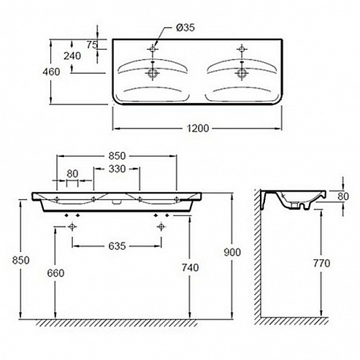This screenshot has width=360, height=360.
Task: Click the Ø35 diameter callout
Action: pyautogui.click(x=185, y=28)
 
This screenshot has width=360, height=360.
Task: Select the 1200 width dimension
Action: pyautogui.click(x=198, y=129)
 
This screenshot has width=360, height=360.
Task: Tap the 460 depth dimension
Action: pyautogui.click(x=51, y=72)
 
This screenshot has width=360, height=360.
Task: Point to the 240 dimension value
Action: pyautogui.click(x=72, y=56)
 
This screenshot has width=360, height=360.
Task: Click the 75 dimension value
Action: pyautogui.click(x=92, y=45)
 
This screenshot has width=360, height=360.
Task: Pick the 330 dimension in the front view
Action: pyautogui.click(x=117, y=169)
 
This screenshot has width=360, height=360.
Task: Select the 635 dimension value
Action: pyautogui.click(x=117, y=246)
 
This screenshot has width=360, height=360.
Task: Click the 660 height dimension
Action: pyautogui.click(x=55, y=273)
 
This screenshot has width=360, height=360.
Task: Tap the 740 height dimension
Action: pyautogui.click(x=191, y=268)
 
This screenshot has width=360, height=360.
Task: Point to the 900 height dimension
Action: pyautogui.click(x=232, y=253)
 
